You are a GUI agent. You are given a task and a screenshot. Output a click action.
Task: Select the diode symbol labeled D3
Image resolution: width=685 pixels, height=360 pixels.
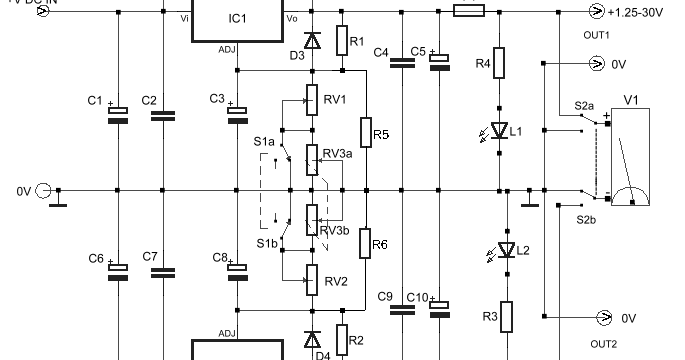point(313,39)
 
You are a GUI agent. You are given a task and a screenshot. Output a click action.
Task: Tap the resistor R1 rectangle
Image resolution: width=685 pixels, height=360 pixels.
point(341,39)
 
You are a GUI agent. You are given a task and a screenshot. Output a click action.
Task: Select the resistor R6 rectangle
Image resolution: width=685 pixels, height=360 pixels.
point(365,244)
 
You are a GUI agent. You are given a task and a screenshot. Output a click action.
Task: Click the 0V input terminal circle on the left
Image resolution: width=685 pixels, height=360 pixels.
point(43,190)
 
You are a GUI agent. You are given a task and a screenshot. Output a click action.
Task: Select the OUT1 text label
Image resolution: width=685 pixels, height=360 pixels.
point(597,34)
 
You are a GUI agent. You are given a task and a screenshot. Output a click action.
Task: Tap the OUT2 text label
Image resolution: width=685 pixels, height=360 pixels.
point(603,345)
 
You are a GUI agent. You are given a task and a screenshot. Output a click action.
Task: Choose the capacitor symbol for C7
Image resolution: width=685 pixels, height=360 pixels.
point(163,270)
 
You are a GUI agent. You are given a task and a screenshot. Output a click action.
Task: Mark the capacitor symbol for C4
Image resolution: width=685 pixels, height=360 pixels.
point(402,62)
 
